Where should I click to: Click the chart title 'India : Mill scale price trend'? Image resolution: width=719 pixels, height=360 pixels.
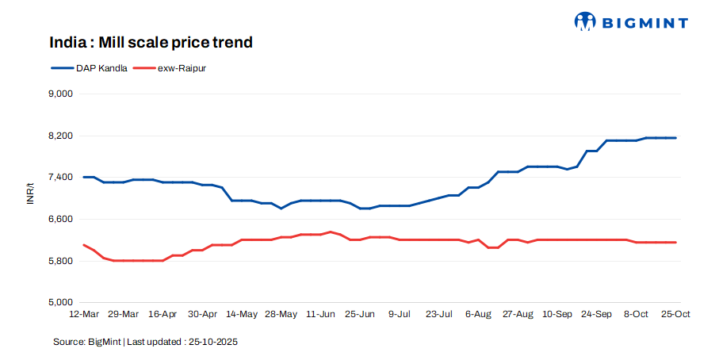151,42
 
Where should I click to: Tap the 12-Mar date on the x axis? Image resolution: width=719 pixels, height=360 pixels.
84,314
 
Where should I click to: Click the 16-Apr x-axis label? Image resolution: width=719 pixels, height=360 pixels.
163,314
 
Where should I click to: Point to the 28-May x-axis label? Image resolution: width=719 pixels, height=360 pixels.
281,314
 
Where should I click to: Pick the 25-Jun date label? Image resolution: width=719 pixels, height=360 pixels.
360,314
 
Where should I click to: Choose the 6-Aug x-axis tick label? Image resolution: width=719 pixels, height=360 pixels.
478,314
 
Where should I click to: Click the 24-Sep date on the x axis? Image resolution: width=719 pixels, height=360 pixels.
596,314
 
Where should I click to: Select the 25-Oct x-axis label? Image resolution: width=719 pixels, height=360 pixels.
675,314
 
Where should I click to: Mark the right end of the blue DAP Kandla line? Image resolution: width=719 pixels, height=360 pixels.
675,138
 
